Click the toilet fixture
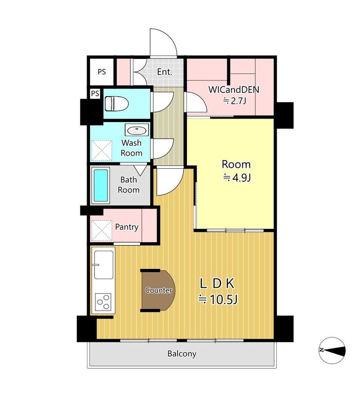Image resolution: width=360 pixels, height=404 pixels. pos(117,104)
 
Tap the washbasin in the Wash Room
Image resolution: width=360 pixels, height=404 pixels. pos(137,130)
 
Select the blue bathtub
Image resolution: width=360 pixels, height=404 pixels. pos(101,185)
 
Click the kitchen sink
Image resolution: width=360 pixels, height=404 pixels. pos(104,264)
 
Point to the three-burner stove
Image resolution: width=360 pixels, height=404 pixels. pos(103,302)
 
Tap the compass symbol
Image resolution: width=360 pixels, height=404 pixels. pos(332,350)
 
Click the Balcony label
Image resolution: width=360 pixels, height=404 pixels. pos(182,353)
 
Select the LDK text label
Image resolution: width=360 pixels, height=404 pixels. pos(217,283)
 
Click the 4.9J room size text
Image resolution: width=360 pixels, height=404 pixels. pos(237,178)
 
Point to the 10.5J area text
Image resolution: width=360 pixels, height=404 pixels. pos(217,299)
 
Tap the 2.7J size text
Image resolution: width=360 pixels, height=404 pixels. pos(234,101)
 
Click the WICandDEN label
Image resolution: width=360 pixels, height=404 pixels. pos(234,89)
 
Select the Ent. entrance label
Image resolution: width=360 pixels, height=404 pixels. pos(164,72)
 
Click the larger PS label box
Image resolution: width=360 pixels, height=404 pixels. pos(102,71)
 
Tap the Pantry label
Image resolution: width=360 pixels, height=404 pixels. pos(126,227)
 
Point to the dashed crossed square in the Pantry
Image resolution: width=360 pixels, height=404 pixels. pos(102,230)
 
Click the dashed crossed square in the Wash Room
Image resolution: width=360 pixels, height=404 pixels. pos(102,151)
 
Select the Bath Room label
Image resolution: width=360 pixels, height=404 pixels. pos(128,185)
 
